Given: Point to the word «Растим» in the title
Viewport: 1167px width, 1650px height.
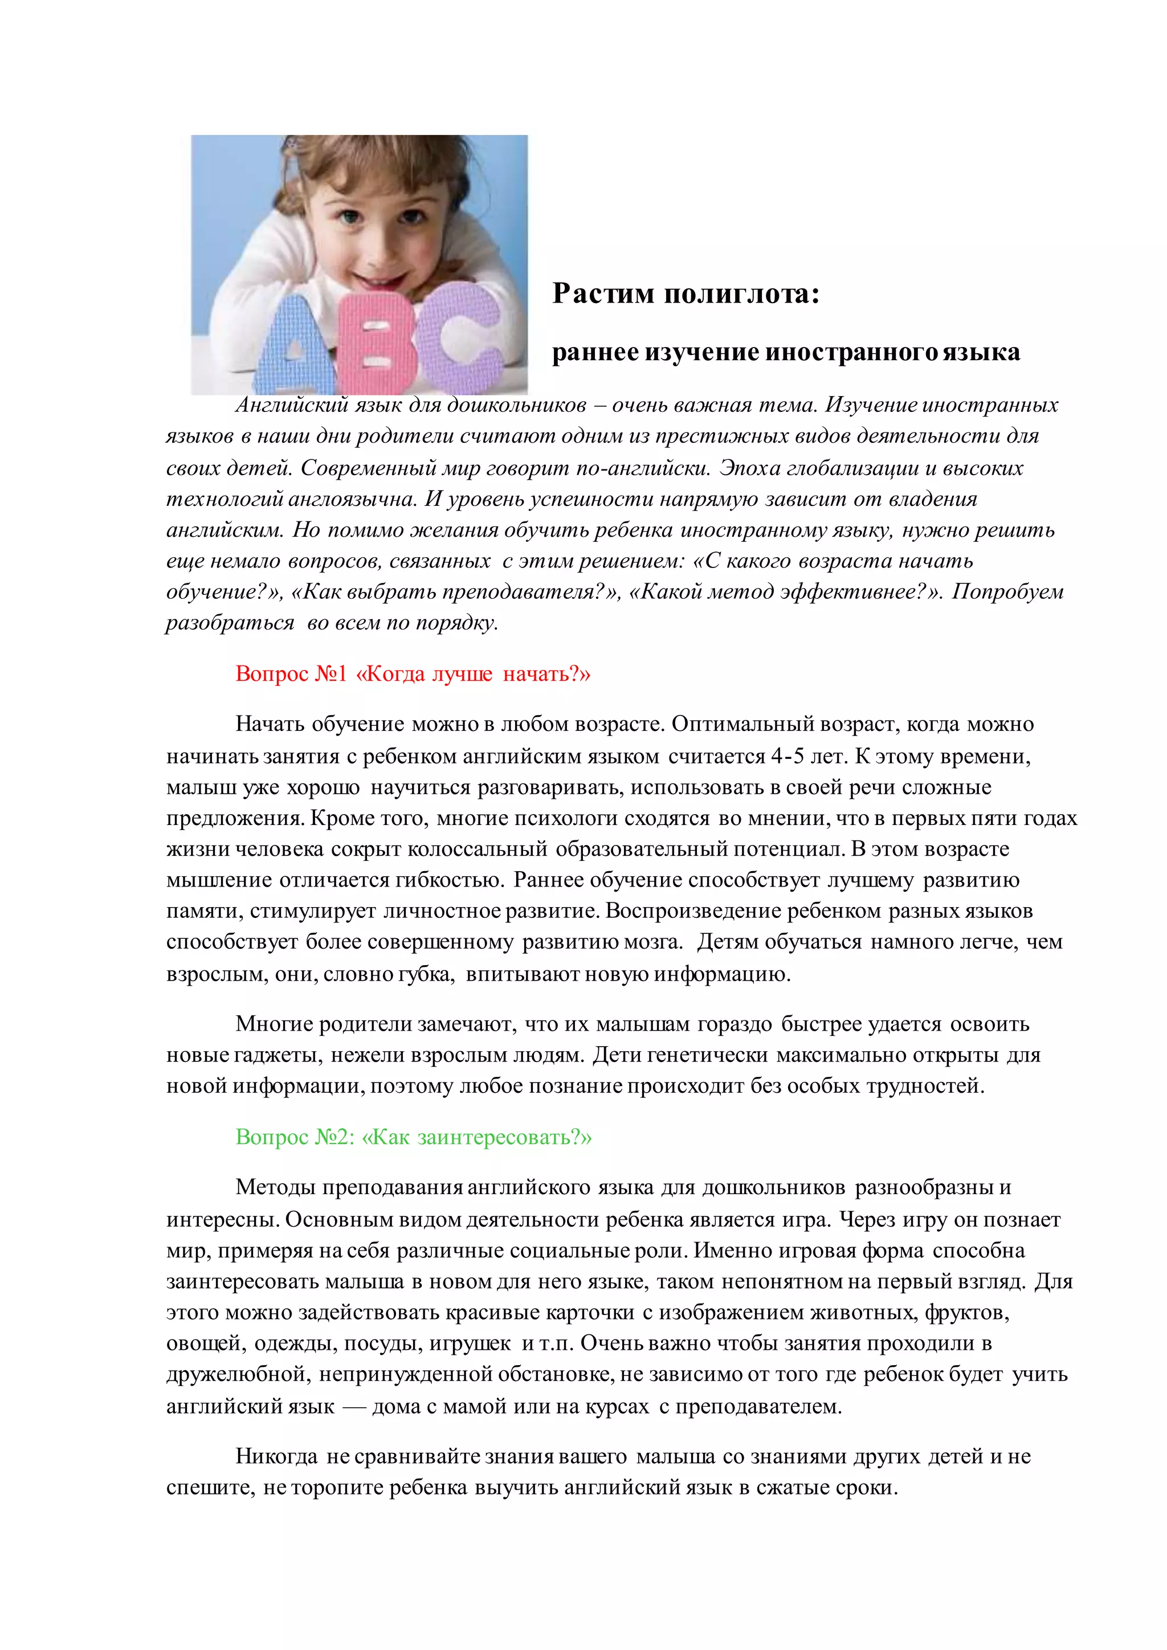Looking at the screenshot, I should click(603, 294).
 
